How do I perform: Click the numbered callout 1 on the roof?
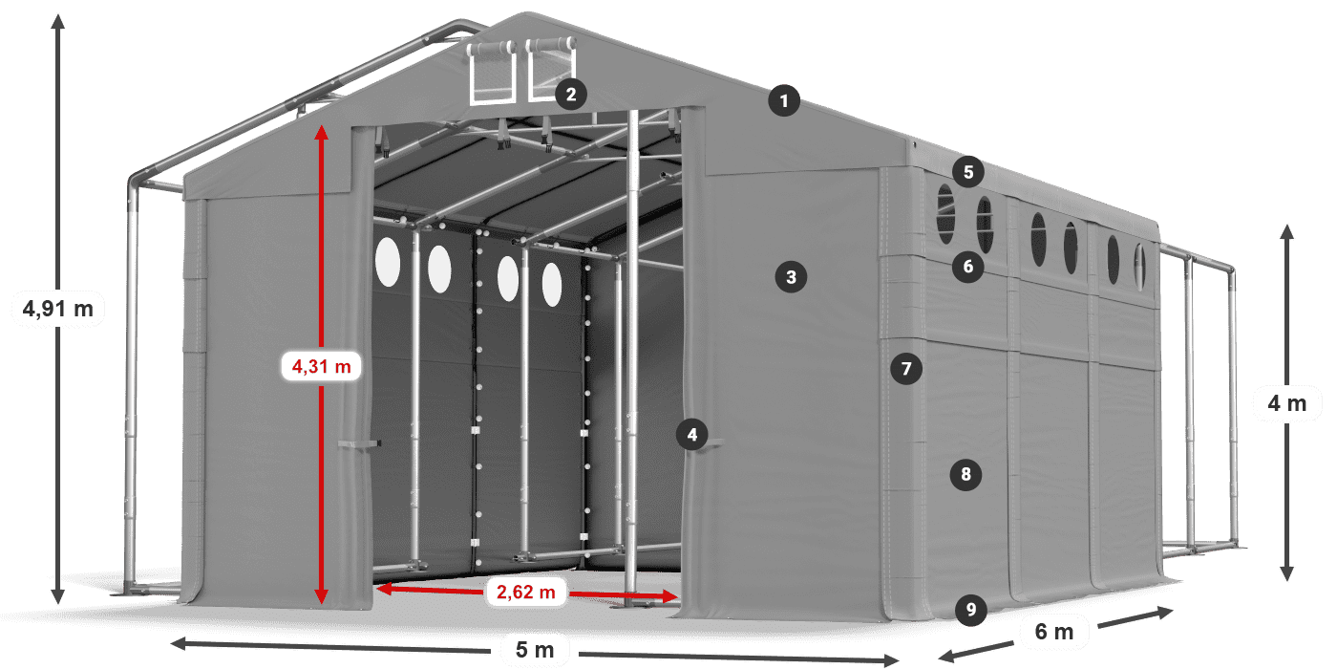click(x=784, y=101)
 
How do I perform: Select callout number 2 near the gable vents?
click(x=571, y=95)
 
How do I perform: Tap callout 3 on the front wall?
click(x=791, y=277)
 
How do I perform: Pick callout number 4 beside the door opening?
click(x=691, y=434)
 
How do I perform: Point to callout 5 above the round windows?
click(x=968, y=172)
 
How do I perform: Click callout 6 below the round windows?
click(x=968, y=267)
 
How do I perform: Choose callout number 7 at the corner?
click(x=906, y=369)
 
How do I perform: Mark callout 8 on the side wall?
click(x=966, y=474)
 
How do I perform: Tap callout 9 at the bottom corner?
click(x=970, y=610)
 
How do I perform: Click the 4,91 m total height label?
click(x=58, y=309)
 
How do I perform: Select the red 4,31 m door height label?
click(x=321, y=366)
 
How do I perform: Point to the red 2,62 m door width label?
click(x=526, y=592)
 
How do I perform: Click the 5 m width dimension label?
click(x=535, y=649)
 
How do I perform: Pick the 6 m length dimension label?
click(x=1054, y=632)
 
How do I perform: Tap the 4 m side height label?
click(x=1287, y=403)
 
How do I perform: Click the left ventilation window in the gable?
click(x=493, y=73)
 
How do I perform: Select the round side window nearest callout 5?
click(x=946, y=214)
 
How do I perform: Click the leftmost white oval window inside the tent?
click(x=388, y=262)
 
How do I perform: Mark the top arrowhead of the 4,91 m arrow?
click(x=58, y=21)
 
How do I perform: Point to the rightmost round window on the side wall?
click(x=1139, y=267)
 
